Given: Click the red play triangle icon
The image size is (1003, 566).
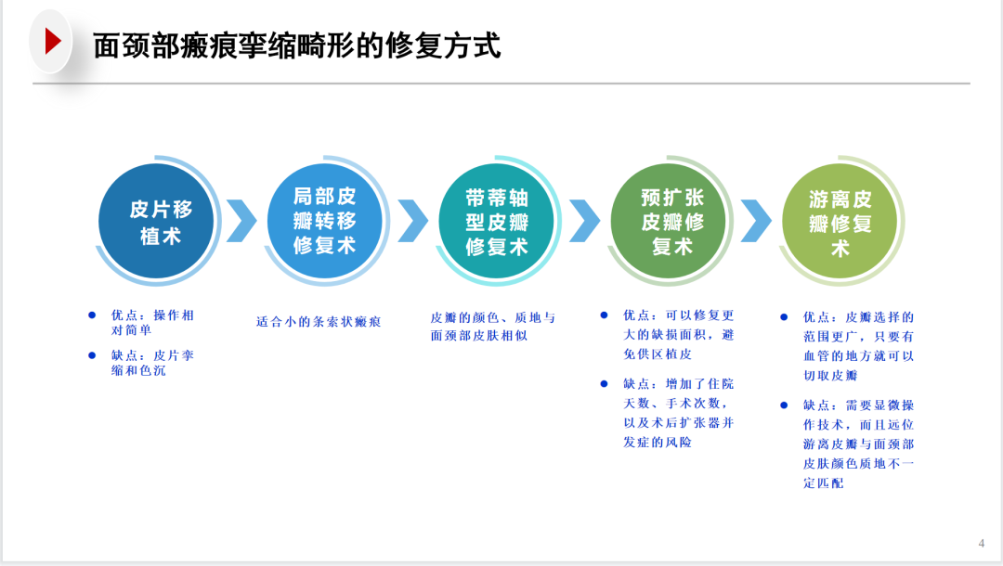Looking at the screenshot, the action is click(x=52, y=42).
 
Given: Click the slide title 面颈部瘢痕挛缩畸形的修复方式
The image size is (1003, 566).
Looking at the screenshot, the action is click(x=297, y=46).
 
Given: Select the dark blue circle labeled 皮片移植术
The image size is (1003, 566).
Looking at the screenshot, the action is click(x=157, y=221).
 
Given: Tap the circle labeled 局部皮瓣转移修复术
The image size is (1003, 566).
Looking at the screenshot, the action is click(x=325, y=221).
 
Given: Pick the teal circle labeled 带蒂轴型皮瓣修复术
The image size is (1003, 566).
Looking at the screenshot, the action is click(x=496, y=221).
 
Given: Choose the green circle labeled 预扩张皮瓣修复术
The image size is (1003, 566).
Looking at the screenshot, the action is click(x=669, y=221).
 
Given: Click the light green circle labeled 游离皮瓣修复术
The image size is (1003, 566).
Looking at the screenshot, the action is click(x=840, y=221).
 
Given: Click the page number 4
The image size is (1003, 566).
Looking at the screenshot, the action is click(x=982, y=544).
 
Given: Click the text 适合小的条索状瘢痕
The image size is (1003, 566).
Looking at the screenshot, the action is click(x=319, y=322).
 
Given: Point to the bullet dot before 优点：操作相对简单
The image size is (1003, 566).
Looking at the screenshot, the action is click(x=92, y=315).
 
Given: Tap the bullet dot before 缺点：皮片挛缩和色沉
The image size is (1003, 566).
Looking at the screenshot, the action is click(x=92, y=355).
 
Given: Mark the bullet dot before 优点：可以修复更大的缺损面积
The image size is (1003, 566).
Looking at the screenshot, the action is click(x=604, y=315).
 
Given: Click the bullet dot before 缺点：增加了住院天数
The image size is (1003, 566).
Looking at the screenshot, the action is click(x=604, y=383).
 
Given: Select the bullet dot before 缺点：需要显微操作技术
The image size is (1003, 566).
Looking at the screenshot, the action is click(x=784, y=405).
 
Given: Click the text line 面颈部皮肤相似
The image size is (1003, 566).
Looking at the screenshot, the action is click(x=479, y=336).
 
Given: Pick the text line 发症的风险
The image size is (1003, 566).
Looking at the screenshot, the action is click(x=658, y=442).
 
